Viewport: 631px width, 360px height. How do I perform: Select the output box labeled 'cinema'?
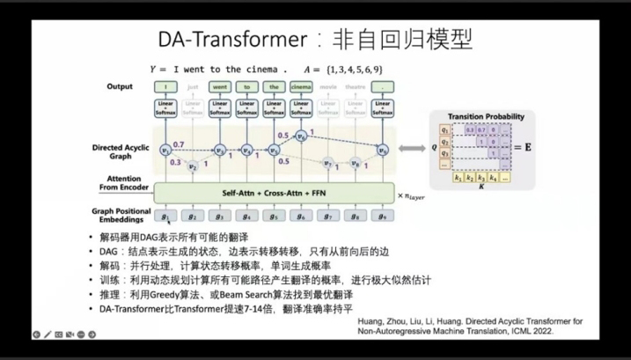pyautogui.click(x=301, y=87)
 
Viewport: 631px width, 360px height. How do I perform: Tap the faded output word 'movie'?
pyautogui.click(x=327, y=87)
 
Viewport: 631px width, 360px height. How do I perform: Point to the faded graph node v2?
pyautogui.click(x=193, y=165)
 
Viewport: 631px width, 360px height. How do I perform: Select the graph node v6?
pyautogui.click(x=301, y=136)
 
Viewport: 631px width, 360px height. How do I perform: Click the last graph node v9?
pyautogui.click(x=382, y=150)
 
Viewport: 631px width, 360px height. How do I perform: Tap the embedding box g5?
pyautogui.click(x=274, y=215)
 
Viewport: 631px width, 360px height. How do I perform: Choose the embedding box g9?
pyautogui.click(x=382, y=215)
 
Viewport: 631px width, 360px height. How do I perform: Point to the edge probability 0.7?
pyautogui.click(x=179, y=143)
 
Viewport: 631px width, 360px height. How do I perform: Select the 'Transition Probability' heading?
pyautogui.click(x=486, y=116)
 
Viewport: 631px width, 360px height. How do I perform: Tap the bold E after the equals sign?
pyautogui.click(x=528, y=146)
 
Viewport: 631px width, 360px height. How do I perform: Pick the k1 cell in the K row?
pyautogui.click(x=459, y=177)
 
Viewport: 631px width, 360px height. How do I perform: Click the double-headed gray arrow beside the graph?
pyautogui.click(x=410, y=149)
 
